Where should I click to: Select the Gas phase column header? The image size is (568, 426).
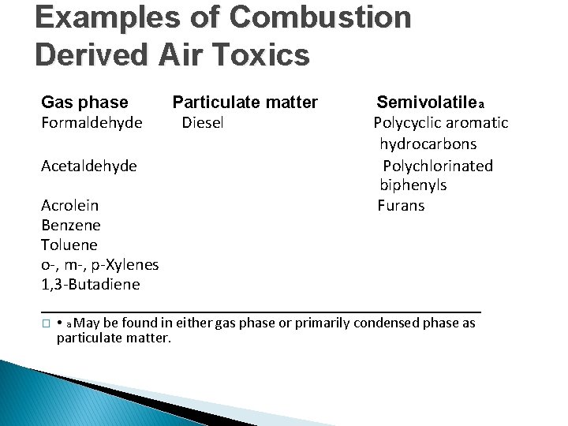84,102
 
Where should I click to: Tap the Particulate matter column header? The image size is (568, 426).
245,102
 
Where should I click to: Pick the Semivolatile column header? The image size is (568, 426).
426,102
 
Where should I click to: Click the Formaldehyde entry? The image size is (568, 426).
92,123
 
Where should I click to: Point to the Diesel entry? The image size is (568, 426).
203,123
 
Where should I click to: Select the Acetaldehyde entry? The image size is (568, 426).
89,166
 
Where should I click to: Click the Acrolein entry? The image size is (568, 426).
70,205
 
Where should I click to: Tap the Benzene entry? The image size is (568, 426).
70,225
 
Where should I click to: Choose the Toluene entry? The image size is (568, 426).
69,245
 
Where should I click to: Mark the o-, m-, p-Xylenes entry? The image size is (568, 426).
99,264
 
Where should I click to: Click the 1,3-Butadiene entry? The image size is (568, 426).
90,284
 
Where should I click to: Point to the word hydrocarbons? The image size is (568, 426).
428,144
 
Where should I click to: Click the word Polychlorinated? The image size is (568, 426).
438,166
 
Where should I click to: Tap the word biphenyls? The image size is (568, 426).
413,185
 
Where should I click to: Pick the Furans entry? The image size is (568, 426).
401,205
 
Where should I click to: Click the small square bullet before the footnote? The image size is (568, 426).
46,324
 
